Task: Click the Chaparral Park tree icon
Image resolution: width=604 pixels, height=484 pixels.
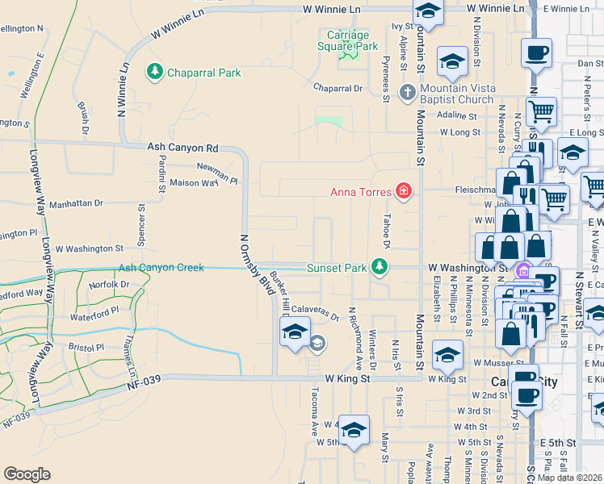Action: tap(154, 73)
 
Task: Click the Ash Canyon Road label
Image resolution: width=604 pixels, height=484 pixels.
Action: tap(183, 148)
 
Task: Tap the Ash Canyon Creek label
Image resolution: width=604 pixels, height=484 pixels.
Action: tap(161, 268)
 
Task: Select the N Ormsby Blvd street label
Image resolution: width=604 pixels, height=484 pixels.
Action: tap(256, 265)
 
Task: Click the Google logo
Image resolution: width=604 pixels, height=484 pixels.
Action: tap(27, 474)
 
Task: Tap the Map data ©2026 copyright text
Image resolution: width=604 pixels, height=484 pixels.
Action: tap(570, 478)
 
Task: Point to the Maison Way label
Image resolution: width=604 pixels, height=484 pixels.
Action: tap(194, 183)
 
